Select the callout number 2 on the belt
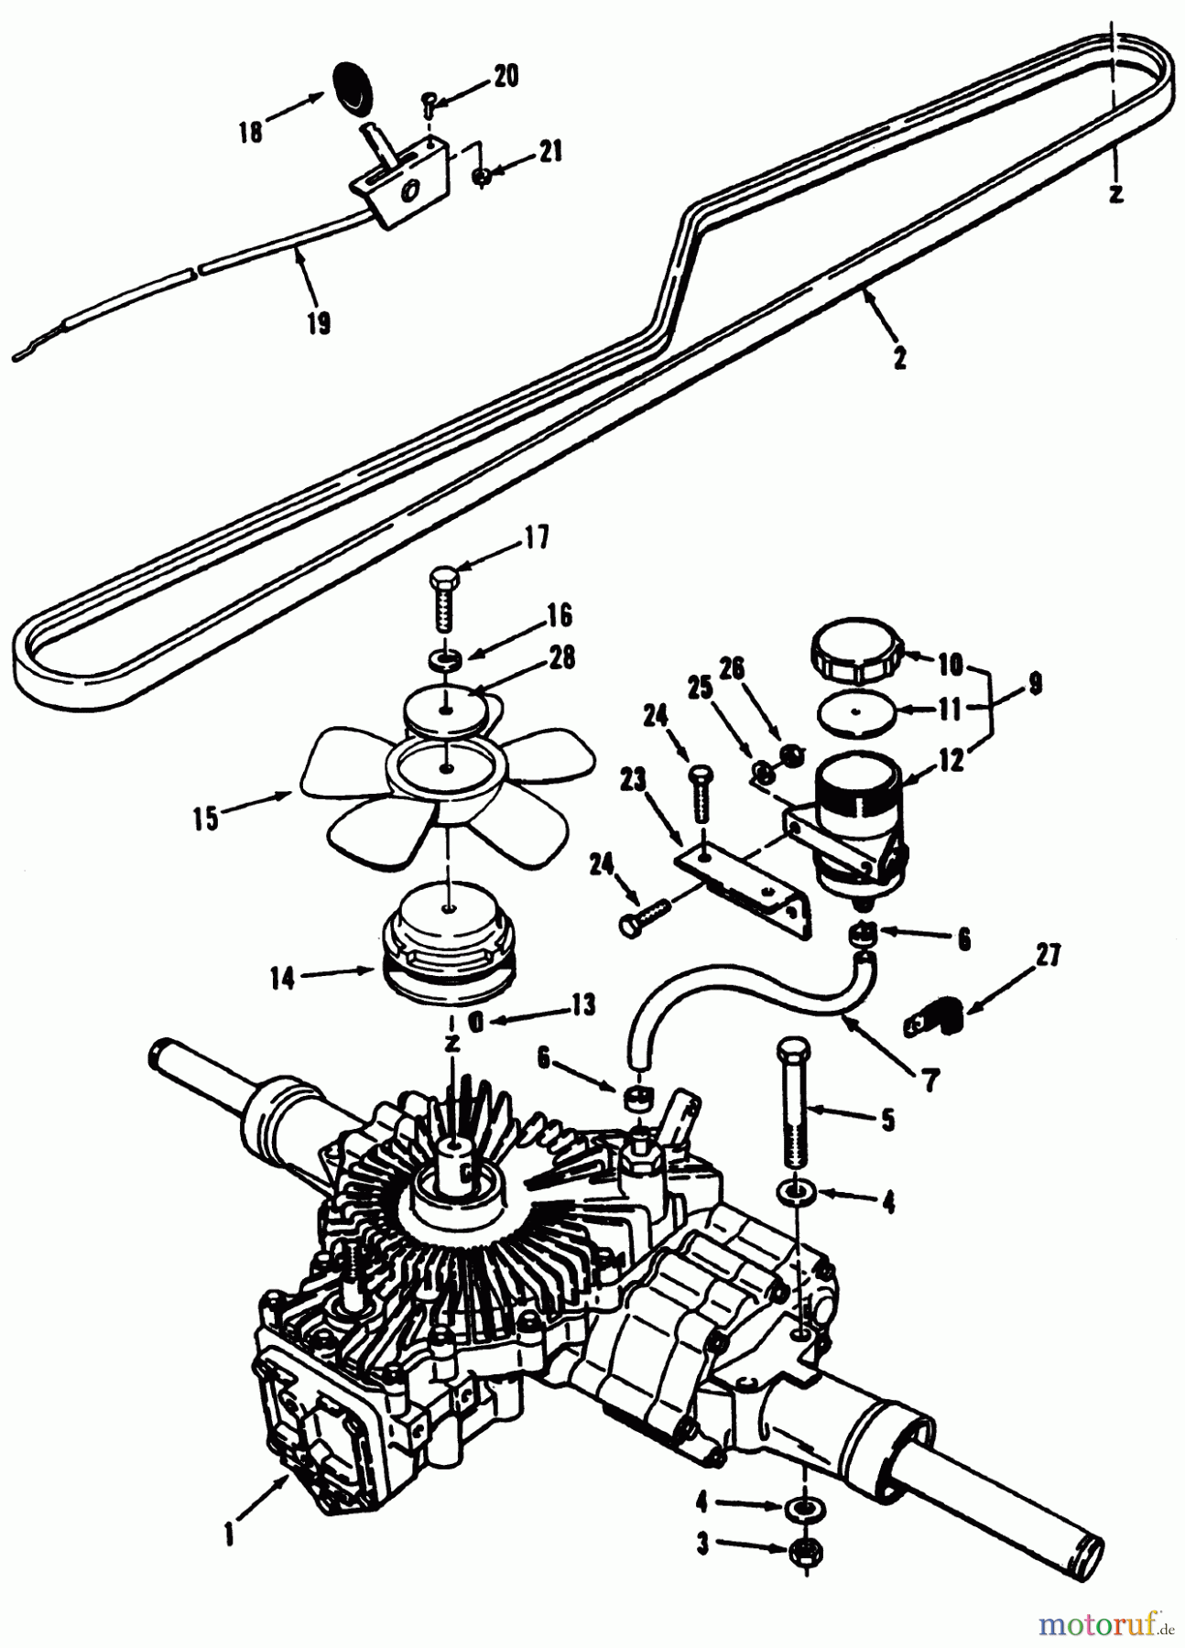pos(899,358)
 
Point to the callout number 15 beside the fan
pos(207,818)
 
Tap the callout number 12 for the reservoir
pos(952,760)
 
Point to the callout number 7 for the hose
pos(930,1080)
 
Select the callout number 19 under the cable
pos(318,324)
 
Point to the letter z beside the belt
pos(1114,193)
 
